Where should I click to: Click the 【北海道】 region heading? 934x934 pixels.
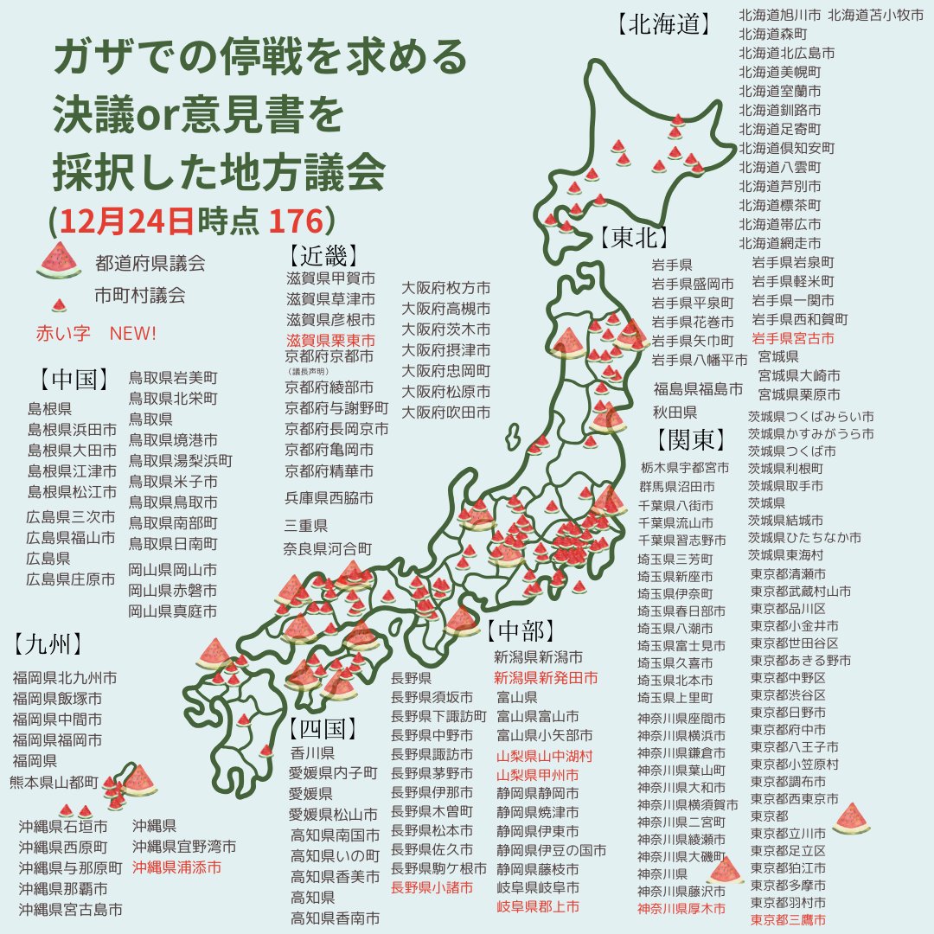(x=664, y=24)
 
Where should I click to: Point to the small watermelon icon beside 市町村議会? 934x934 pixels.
(x=59, y=304)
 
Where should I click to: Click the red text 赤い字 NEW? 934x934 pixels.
(x=96, y=333)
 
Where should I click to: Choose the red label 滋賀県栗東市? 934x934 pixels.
(x=330, y=341)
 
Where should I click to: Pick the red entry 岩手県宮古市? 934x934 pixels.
(x=794, y=338)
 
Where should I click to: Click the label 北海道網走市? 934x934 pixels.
(x=780, y=243)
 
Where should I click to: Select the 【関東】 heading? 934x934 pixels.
(x=691, y=440)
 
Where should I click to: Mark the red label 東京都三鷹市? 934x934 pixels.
(x=788, y=919)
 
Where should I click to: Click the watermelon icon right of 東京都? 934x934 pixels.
(x=851, y=817)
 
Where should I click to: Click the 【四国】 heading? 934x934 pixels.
(x=323, y=727)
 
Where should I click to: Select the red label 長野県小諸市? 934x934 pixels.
(x=432, y=887)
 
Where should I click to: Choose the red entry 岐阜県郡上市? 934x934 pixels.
(x=537, y=906)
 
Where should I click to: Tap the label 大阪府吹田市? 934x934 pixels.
(x=445, y=413)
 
